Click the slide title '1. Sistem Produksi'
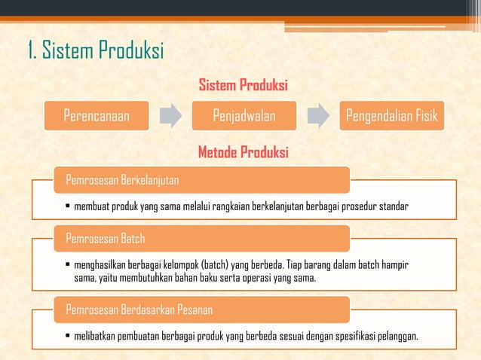(x=94, y=52)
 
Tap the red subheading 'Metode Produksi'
(x=243, y=153)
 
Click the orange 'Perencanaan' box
(x=96, y=117)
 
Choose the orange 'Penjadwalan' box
(x=244, y=117)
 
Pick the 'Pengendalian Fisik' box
(x=392, y=117)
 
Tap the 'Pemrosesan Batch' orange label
(x=106, y=239)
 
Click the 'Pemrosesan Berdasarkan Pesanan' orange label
(x=139, y=310)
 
